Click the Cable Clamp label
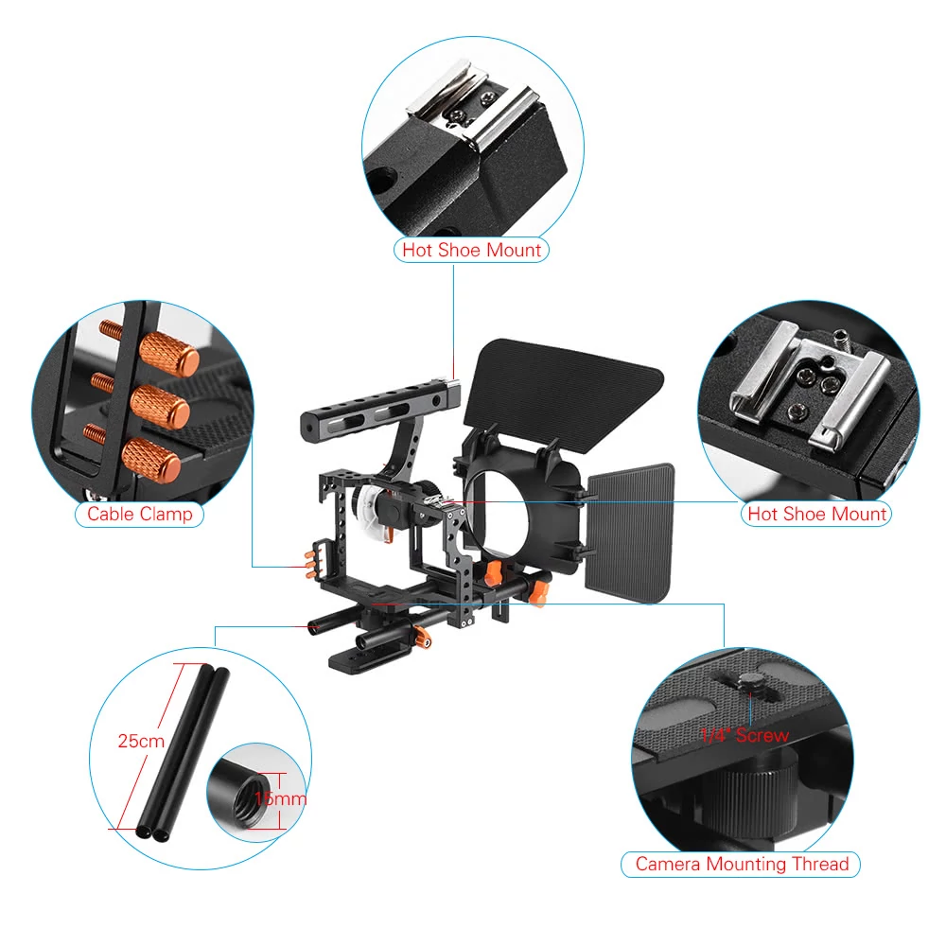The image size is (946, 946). coord(139,514)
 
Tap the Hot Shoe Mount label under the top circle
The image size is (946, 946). coord(471,250)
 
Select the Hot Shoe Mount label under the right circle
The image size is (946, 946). coord(817,514)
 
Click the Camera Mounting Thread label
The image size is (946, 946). coord(742,864)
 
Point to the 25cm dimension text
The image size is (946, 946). coord(141,741)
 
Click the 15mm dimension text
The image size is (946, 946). coord(281,798)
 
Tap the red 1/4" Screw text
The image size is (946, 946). coord(745,735)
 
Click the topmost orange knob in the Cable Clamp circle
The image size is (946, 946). coord(169,354)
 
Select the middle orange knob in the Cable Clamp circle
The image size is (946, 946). coord(161,407)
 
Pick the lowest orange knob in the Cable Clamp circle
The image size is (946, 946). coord(151,460)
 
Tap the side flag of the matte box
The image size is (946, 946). coord(629,533)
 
